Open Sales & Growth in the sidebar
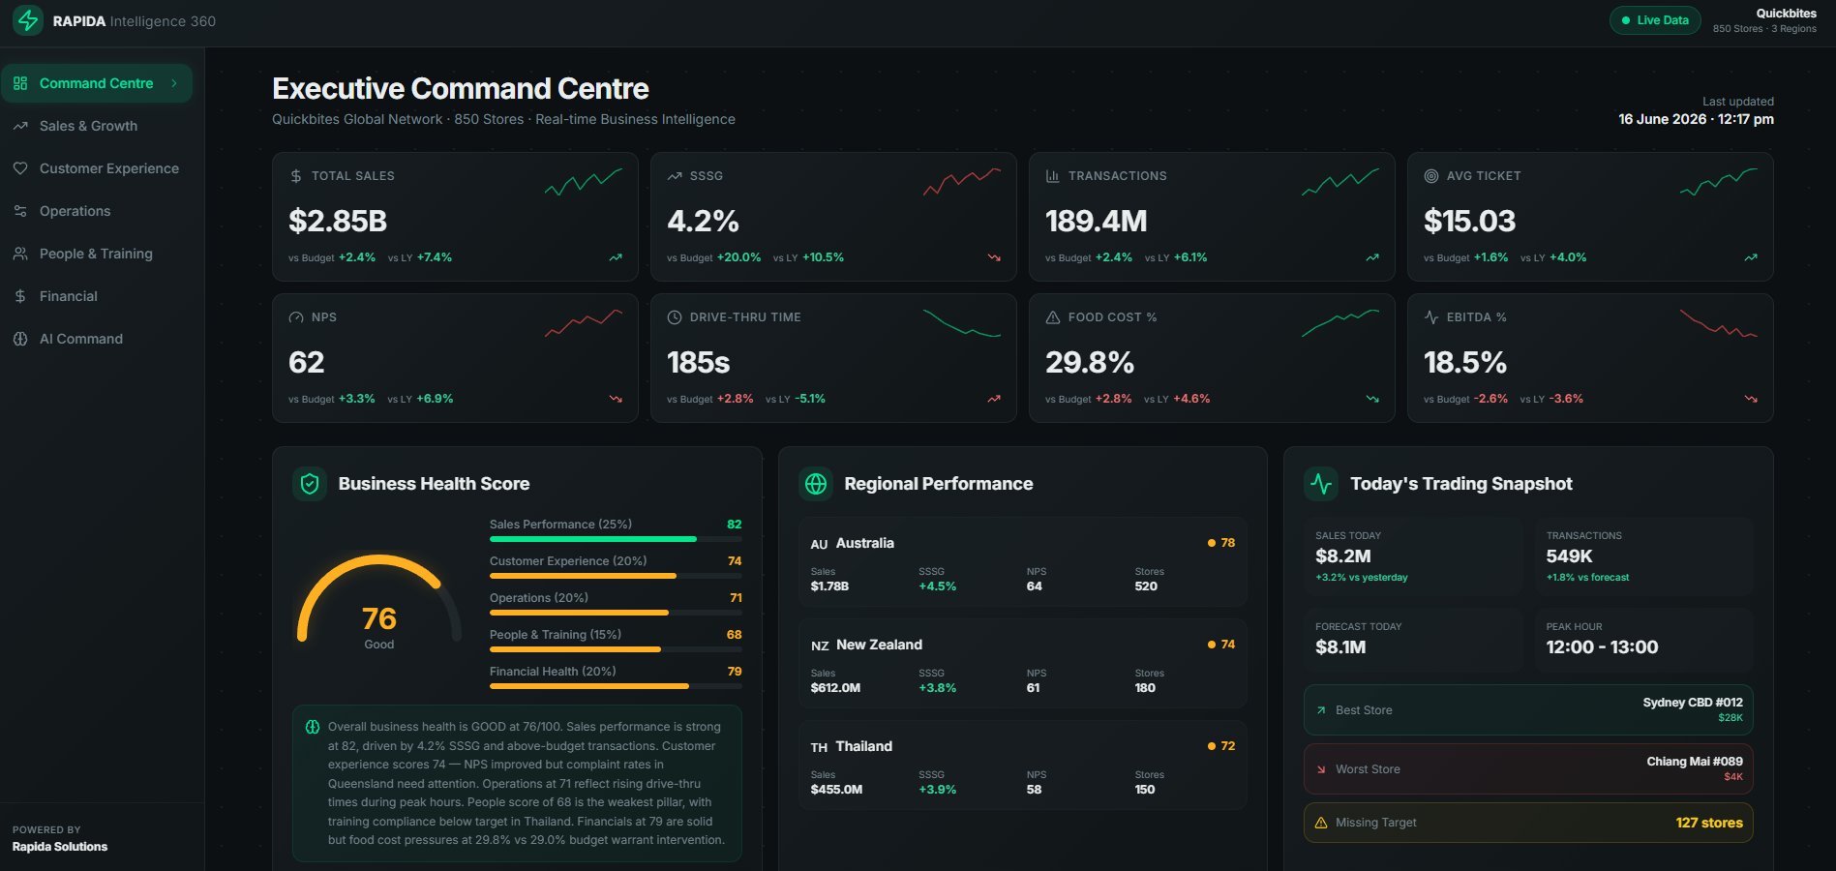click(x=88, y=126)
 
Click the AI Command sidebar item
click(x=81, y=339)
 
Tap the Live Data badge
click(x=1655, y=20)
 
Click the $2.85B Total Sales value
click(x=338, y=222)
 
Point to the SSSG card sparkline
click(x=962, y=180)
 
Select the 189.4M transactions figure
click(x=1096, y=222)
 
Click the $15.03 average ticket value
click(x=1469, y=222)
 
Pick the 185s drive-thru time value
click(x=698, y=363)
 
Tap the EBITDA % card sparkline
click(x=1719, y=323)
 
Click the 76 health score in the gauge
click(x=379, y=618)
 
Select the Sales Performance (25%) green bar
click(x=592, y=539)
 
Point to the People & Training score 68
click(x=735, y=635)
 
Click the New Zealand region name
click(x=879, y=645)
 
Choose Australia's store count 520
click(x=1146, y=586)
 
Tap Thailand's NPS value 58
click(x=1034, y=790)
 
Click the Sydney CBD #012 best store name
click(x=1693, y=703)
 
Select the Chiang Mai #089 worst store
click(x=1695, y=762)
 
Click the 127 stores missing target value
click(x=1709, y=823)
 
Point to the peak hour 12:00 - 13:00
click(x=1602, y=647)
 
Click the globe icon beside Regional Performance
click(x=816, y=484)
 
